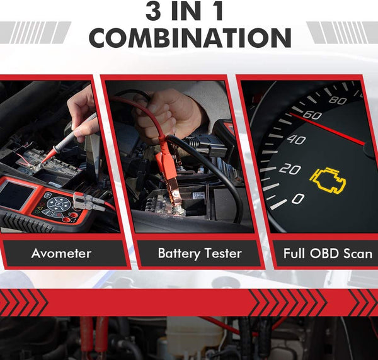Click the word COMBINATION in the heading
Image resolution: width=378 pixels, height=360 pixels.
click(x=190, y=38)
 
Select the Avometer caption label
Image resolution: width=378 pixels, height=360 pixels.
click(x=61, y=254)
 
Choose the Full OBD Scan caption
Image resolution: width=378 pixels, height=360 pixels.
click(x=326, y=254)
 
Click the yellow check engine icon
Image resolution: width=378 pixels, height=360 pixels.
click(x=328, y=180)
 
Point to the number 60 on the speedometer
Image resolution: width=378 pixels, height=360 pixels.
click(x=312, y=116)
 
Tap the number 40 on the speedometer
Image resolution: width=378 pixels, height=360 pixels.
click(x=296, y=139)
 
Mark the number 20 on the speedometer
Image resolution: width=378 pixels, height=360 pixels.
click(x=290, y=169)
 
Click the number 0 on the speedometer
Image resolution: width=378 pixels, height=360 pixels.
click(x=298, y=200)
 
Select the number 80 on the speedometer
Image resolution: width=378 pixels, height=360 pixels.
click(x=338, y=99)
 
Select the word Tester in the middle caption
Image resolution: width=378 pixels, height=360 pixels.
click(x=221, y=254)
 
